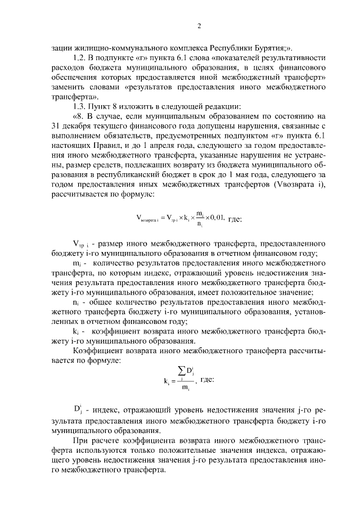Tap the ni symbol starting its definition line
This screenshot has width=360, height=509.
click(x=76, y=302)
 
